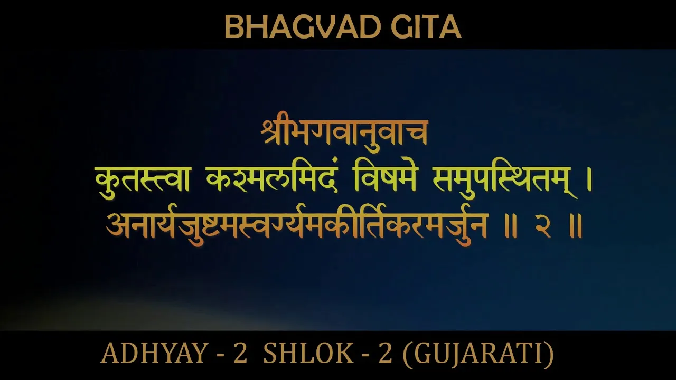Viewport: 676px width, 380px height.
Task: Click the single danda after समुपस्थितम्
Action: (x=589, y=180)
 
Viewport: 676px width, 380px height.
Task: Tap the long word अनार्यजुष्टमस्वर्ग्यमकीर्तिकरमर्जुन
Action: (x=296, y=225)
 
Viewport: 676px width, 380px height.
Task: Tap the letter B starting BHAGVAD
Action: (x=233, y=27)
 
